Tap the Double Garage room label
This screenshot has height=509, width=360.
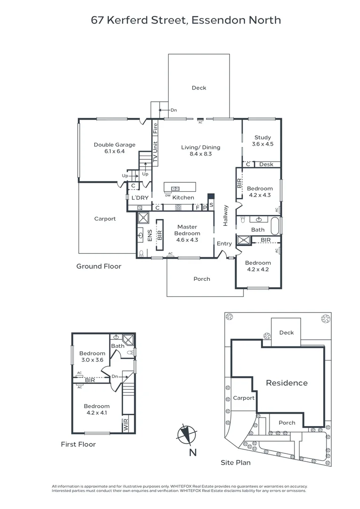coord(115,148)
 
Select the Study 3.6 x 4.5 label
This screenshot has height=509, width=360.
coord(262,141)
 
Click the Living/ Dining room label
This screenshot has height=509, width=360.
coord(200,150)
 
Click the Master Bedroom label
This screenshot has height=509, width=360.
coord(187,233)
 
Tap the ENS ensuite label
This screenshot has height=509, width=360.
coord(150,236)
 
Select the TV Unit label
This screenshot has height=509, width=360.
coord(155,152)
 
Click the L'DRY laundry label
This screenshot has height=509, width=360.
coord(139,197)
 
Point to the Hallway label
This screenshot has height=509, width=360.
coord(226,215)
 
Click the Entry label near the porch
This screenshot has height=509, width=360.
coord(224,244)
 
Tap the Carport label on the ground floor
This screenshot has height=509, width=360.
coord(105,219)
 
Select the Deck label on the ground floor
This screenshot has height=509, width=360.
coord(199,88)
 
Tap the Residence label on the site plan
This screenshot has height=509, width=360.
coord(286,383)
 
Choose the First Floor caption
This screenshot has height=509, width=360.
coord(78,444)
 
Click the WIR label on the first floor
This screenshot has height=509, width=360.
coord(125,425)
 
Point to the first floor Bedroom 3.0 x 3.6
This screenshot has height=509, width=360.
coord(92,357)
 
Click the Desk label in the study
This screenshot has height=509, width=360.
coord(266,164)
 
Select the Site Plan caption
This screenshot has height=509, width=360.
coord(236,463)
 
